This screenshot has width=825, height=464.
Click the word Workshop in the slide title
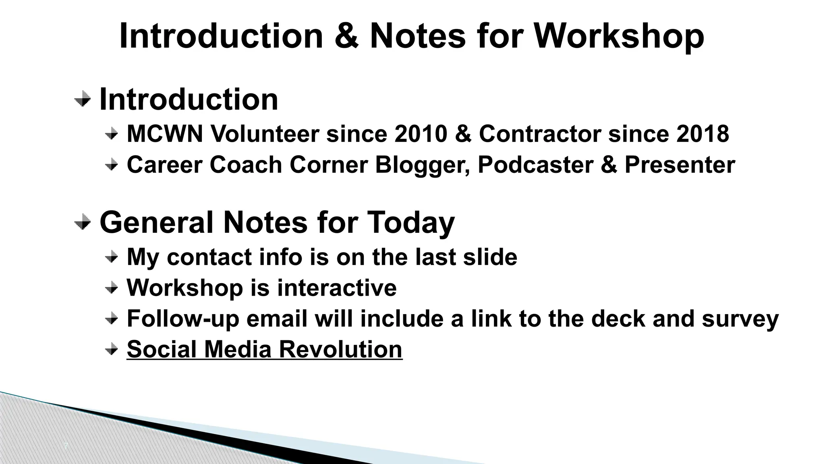[619, 36]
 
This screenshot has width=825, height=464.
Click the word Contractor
[540, 133]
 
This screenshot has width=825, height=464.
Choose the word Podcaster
[535, 165]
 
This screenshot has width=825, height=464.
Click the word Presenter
[680, 165]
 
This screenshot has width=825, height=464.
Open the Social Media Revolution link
[264, 349]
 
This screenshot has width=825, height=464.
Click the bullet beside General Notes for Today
[83, 222]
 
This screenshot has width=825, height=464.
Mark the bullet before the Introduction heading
[83, 99]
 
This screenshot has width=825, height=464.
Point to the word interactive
[337, 288]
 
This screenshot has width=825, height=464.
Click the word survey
[740, 319]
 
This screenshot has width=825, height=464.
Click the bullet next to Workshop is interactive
[112, 288]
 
